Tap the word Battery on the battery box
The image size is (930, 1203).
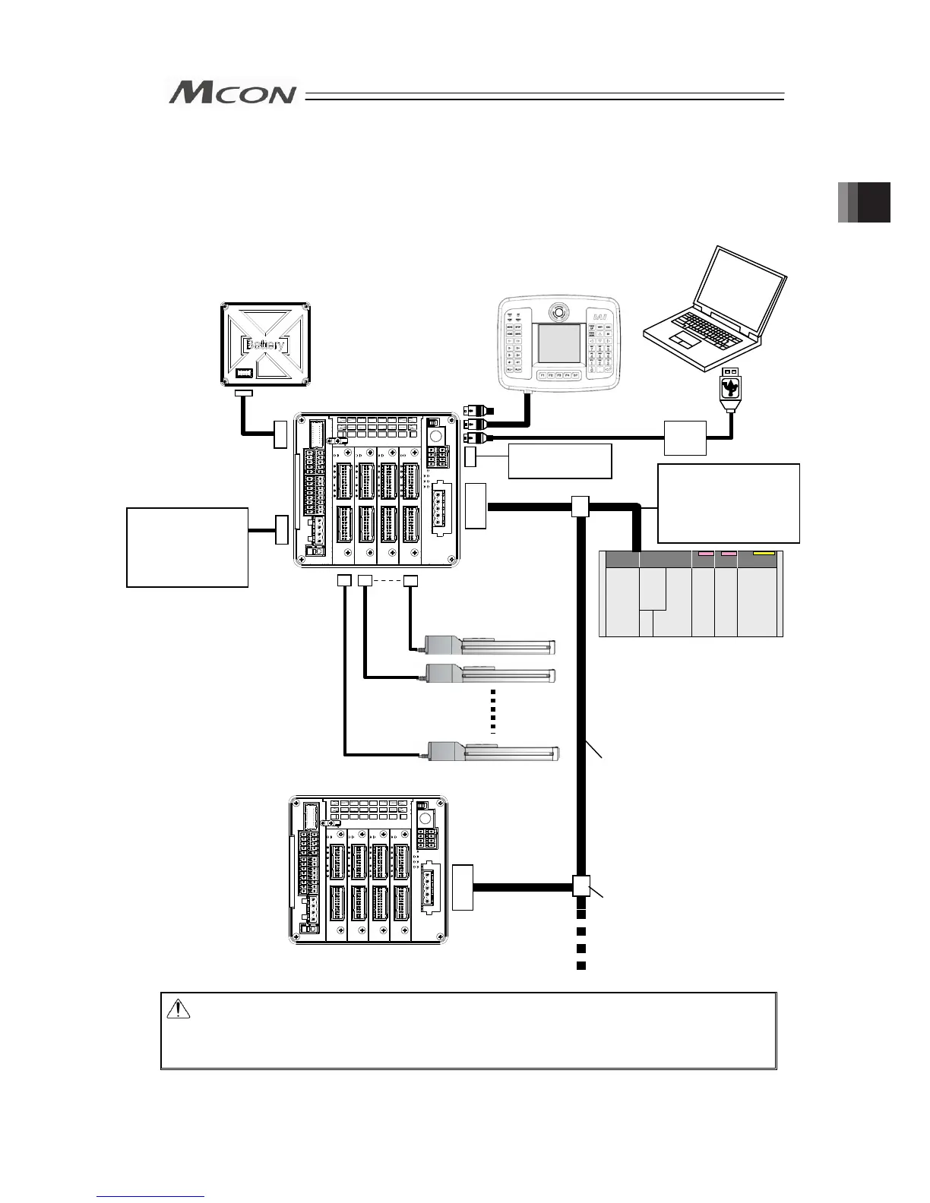(x=265, y=345)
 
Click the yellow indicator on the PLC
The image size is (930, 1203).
(x=763, y=554)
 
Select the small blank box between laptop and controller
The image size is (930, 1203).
(x=685, y=437)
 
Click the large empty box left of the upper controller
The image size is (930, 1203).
(x=187, y=547)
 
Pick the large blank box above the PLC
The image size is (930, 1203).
(x=729, y=503)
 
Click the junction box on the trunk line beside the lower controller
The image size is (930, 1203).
(x=580, y=886)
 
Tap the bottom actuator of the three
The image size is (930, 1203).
(x=494, y=753)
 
